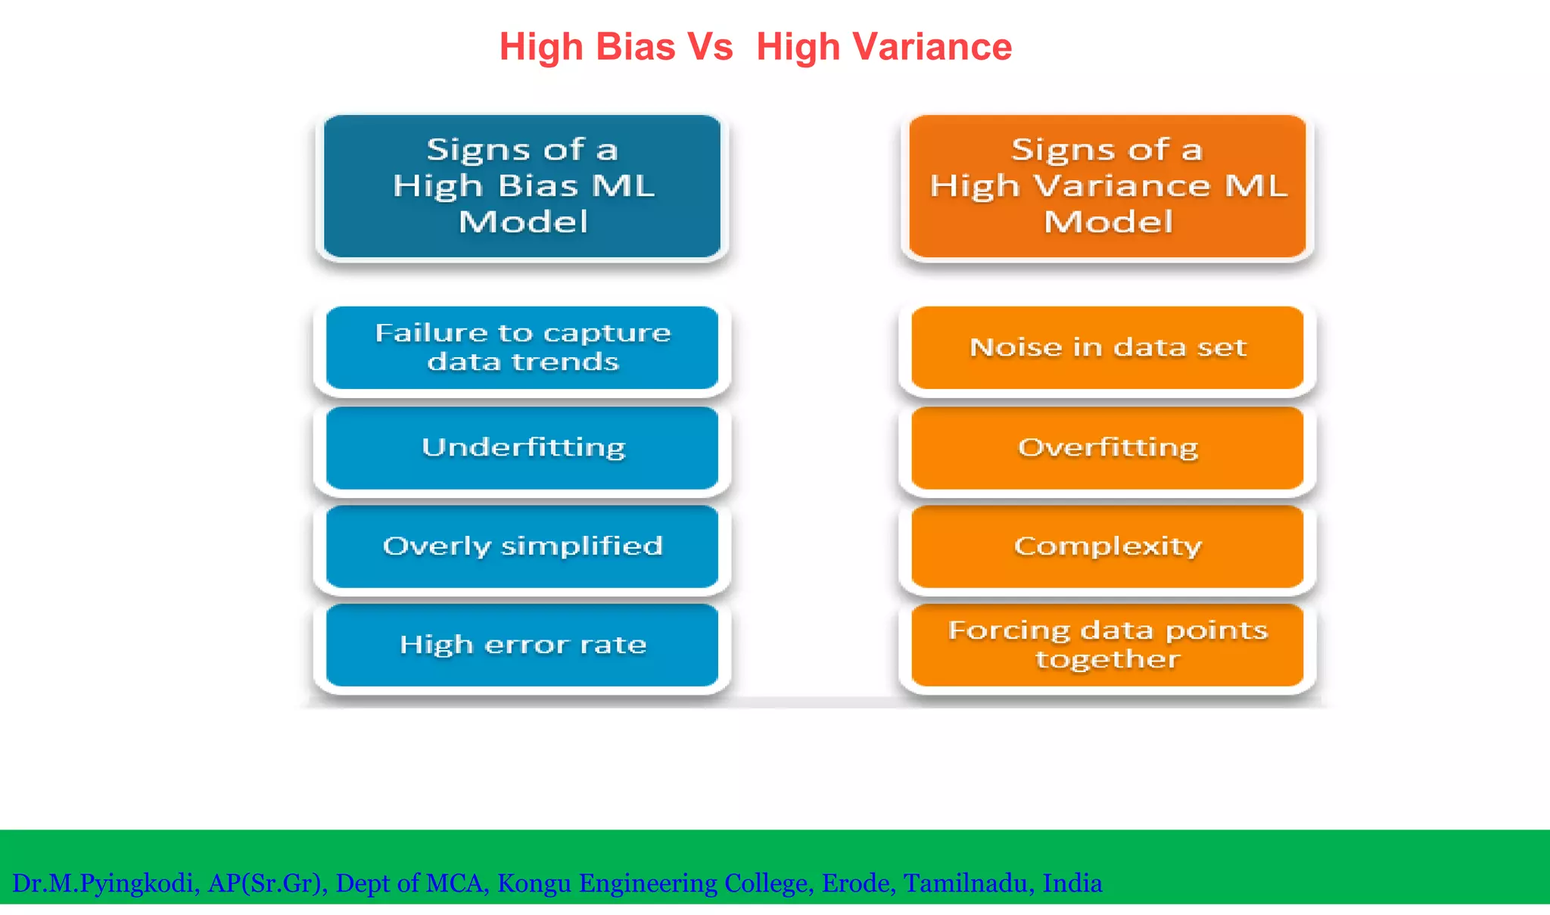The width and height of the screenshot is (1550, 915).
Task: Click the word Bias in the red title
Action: [x=635, y=47]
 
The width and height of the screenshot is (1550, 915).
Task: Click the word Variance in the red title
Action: [x=932, y=47]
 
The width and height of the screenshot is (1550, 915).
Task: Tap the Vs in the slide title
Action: [x=709, y=47]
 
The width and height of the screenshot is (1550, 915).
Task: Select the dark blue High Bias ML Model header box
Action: [x=521, y=186]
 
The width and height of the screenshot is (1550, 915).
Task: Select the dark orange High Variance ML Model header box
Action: [x=1107, y=186]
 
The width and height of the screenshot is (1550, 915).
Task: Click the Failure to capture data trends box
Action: [x=521, y=347]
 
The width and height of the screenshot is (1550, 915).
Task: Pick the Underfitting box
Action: [x=521, y=447]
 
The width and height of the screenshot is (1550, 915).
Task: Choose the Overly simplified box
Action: [x=521, y=546]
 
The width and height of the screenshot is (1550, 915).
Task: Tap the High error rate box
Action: [x=521, y=645]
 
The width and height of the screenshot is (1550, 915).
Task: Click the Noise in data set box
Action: [x=1107, y=347]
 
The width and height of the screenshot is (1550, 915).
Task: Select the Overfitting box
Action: [x=1107, y=447]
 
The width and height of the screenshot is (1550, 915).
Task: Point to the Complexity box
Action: [x=1107, y=546]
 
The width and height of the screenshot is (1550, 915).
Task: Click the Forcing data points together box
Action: [x=1107, y=645]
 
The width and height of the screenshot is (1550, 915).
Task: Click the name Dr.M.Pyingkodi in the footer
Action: [x=104, y=883]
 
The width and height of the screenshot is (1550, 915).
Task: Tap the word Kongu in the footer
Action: [x=534, y=883]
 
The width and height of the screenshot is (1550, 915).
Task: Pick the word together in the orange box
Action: [x=1107, y=659]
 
